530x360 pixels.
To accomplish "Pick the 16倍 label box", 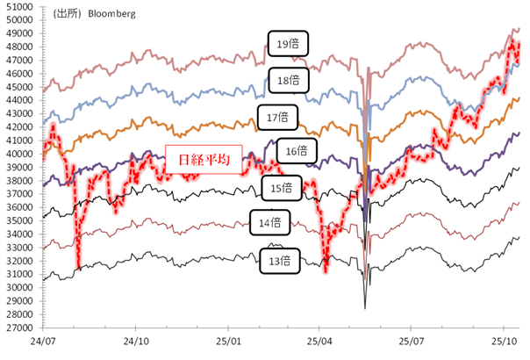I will click(x=297, y=151).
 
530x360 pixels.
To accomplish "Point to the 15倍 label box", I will click(x=283, y=187).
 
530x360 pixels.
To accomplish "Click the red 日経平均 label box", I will click(x=203, y=161).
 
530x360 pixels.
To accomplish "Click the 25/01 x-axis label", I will click(x=227, y=340).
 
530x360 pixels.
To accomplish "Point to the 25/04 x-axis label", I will click(x=319, y=340).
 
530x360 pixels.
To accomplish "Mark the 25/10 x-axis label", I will click(x=504, y=340).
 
